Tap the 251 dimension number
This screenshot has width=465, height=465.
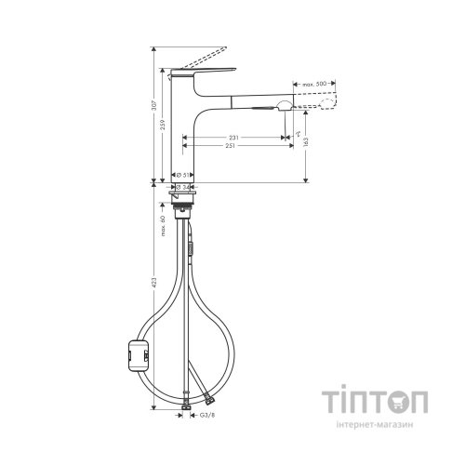[231, 147]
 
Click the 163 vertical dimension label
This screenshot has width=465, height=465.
[308, 143]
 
